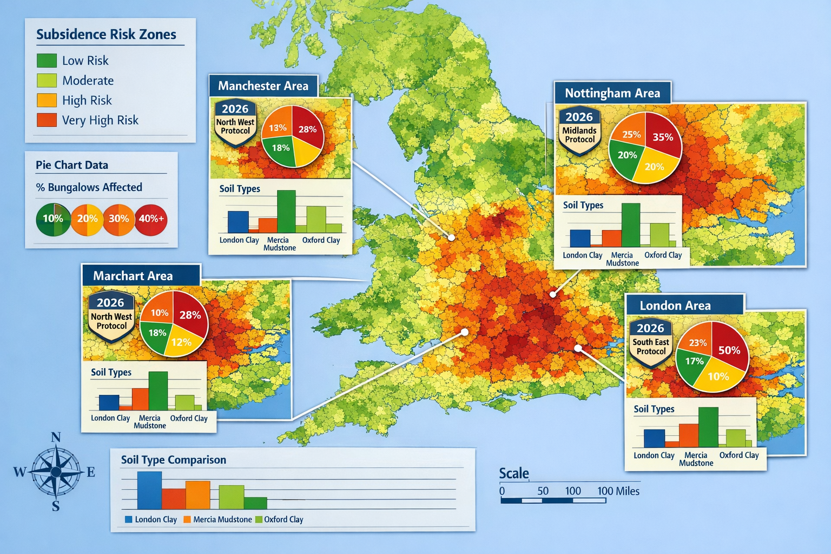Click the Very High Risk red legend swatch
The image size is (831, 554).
pyautogui.click(x=47, y=120)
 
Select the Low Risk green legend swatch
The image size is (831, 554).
pyautogui.click(x=47, y=60)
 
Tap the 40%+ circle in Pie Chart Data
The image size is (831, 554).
pyautogui.click(x=151, y=219)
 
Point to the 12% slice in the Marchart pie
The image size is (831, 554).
pyautogui.click(x=181, y=342)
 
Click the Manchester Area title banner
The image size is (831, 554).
pyautogui.click(x=263, y=86)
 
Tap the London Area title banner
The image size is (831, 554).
pyautogui.click(x=675, y=306)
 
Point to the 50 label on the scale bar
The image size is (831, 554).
pyautogui.click(x=543, y=491)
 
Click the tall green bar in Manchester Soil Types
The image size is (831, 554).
pyautogui.click(x=286, y=212)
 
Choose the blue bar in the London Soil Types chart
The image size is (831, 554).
pyautogui.click(x=654, y=438)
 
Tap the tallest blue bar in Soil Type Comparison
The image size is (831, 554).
pyautogui.click(x=149, y=490)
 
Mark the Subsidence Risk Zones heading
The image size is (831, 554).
pyautogui.click(x=106, y=35)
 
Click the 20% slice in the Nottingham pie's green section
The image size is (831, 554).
pyautogui.click(x=627, y=155)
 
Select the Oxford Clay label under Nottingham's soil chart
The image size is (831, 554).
pyautogui.click(x=663, y=255)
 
